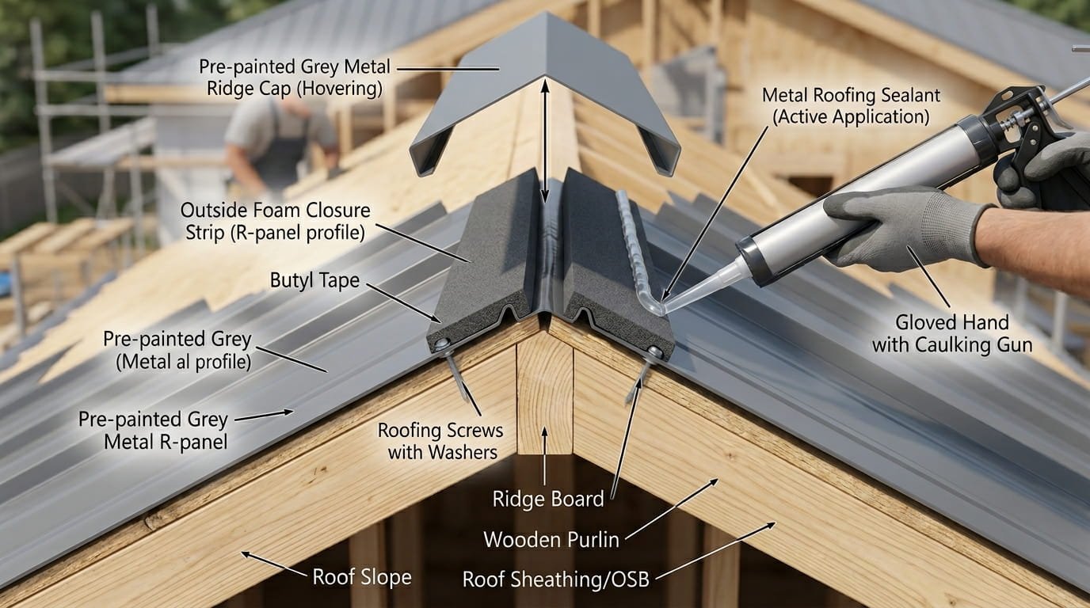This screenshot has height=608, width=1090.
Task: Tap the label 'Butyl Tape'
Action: tap(314, 279)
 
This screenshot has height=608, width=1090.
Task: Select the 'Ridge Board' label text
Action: tap(548, 499)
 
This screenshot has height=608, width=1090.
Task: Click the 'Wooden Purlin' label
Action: tap(551, 540)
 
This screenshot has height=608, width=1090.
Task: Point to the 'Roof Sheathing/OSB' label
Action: tap(555, 579)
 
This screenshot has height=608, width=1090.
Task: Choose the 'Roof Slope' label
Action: tap(362, 576)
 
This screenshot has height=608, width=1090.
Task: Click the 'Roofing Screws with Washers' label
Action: tap(440, 441)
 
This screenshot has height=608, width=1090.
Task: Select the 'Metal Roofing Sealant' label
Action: tap(851, 106)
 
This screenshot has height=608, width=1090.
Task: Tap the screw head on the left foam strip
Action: tap(441, 344)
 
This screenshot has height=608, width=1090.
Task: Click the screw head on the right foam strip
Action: tap(654, 350)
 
